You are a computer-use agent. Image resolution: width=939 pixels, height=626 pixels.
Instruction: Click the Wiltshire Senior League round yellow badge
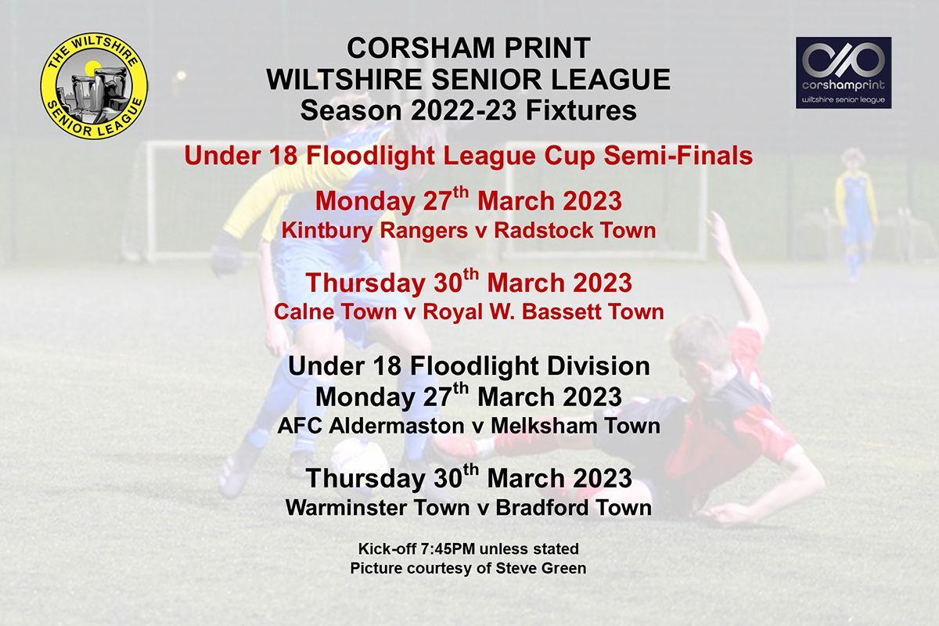(x=94, y=85)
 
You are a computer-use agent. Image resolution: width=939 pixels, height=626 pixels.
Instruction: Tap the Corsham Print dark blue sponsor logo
(x=844, y=73)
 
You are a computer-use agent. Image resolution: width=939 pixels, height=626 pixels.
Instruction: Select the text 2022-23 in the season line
(x=464, y=110)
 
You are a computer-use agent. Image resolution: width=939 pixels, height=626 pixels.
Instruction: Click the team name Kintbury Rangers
(x=374, y=231)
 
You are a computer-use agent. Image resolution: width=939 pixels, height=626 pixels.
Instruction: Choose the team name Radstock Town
(x=574, y=230)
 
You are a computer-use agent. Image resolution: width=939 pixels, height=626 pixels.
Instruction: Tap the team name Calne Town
(x=336, y=311)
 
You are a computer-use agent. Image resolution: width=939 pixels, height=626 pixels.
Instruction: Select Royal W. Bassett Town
(x=543, y=311)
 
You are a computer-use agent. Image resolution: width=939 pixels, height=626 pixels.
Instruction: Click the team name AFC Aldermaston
(x=371, y=426)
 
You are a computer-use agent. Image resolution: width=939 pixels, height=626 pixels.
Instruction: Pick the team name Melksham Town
(x=576, y=426)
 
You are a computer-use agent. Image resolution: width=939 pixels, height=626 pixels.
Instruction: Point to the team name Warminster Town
(x=378, y=508)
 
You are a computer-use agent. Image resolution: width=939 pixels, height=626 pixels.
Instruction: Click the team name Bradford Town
(x=574, y=508)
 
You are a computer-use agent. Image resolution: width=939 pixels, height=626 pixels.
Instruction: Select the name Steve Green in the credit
(x=541, y=568)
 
